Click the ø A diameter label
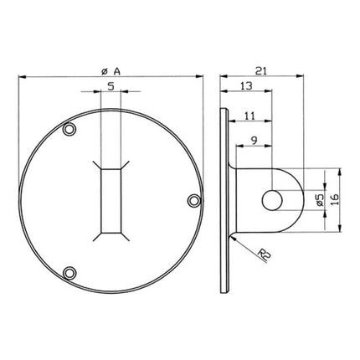(111, 70)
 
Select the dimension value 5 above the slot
(111, 85)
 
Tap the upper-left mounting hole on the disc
(69, 129)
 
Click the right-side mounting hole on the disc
(193, 200)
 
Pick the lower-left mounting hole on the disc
(69, 271)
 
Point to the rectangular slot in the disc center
(111, 200)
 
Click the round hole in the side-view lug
(274, 200)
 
